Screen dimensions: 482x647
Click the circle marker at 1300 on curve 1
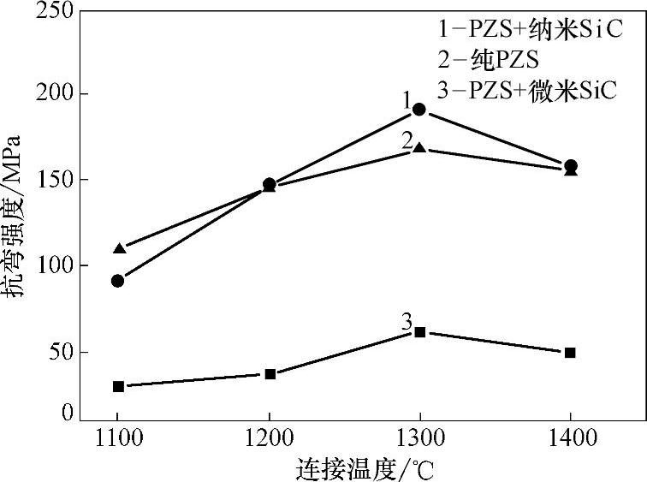(x=419, y=110)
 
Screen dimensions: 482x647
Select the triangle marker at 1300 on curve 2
(x=419, y=148)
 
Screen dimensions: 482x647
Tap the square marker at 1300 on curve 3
(x=419, y=331)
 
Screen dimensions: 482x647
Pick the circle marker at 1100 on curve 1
(x=118, y=281)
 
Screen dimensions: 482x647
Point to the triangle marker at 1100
(x=119, y=248)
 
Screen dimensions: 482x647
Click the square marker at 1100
(x=118, y=386)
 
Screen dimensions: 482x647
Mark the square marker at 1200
(x=270, y=374)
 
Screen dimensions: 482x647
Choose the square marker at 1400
(x=570, y=352)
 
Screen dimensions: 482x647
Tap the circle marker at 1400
(x=571, y=165)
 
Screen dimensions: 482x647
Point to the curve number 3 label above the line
(x=407, y=322)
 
